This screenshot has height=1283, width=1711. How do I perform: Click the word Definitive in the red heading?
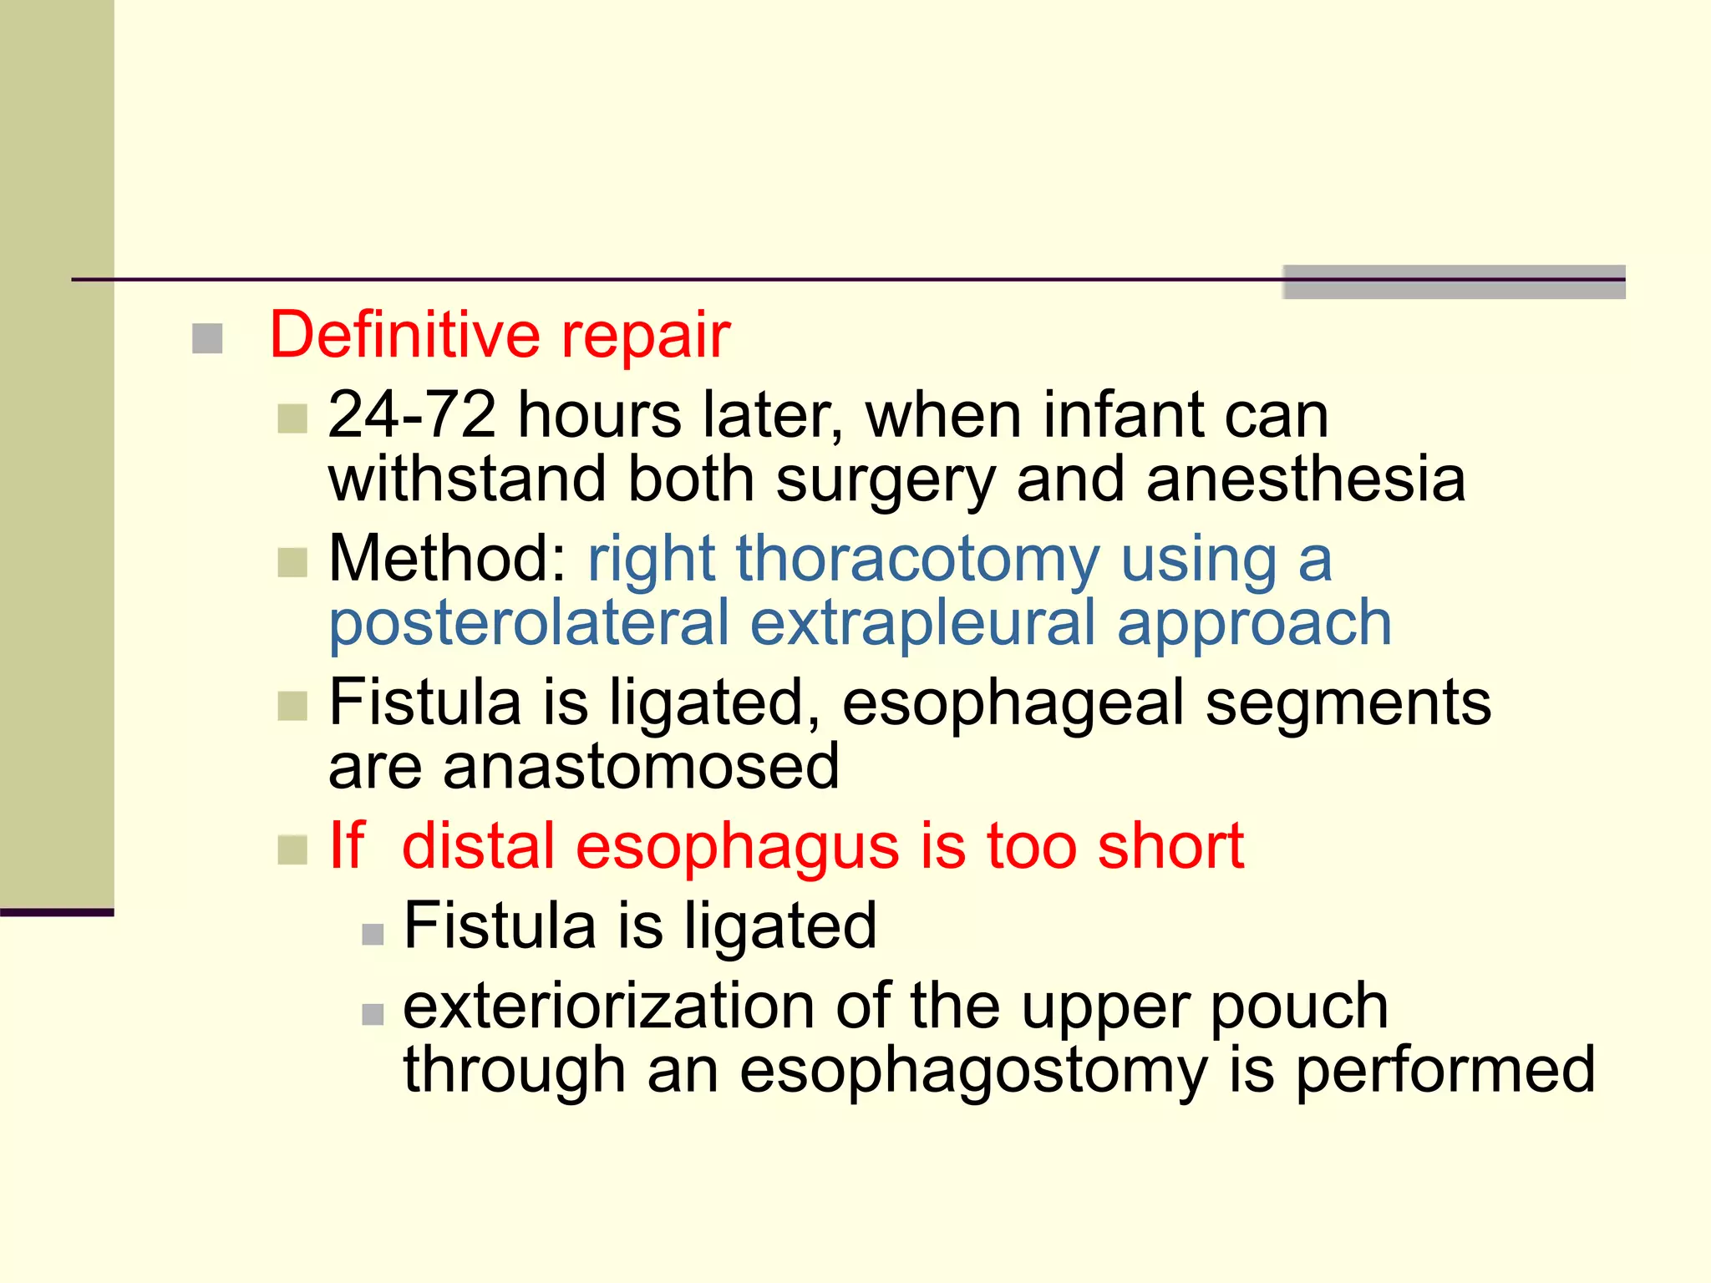tap(404, 335)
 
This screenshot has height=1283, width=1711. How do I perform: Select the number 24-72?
tap(412, 414)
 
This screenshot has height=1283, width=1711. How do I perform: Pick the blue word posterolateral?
tap(529, 623)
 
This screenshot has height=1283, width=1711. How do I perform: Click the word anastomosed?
tap(640, 767)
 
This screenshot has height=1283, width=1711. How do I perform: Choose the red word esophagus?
tap(738, 846)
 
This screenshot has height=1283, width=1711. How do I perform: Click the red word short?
tap(1170, 846)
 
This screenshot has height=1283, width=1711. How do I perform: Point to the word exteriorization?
tap(608, 1006)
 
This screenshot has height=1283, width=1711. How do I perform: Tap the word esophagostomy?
tap(973, 1071)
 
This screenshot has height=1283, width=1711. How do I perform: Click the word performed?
tap(1445, 1071)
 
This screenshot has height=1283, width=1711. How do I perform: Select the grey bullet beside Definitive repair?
tap(207, 339)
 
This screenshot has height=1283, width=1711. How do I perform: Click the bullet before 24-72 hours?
tap(292, 418)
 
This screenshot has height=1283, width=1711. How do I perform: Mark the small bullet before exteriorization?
tap(373, 1014)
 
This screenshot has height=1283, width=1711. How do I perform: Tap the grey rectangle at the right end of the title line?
tap(1454, 281)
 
